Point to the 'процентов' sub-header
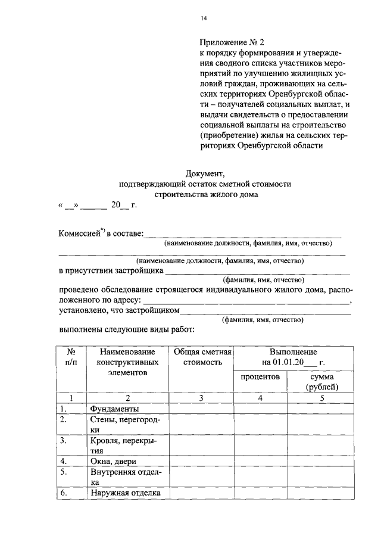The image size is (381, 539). (x=260, y=377)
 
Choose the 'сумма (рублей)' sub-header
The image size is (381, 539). (x=322, y=382)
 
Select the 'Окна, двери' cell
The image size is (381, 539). (x=113, y=461)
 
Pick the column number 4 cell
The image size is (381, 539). (x=260, y=398)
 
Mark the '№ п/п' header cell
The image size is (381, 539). (x=70, y=357)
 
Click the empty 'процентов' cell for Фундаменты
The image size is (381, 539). (x=260, y=409)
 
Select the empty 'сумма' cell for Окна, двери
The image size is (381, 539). (x=322, y=461)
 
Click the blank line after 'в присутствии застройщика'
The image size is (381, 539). (x=257, y=272)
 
